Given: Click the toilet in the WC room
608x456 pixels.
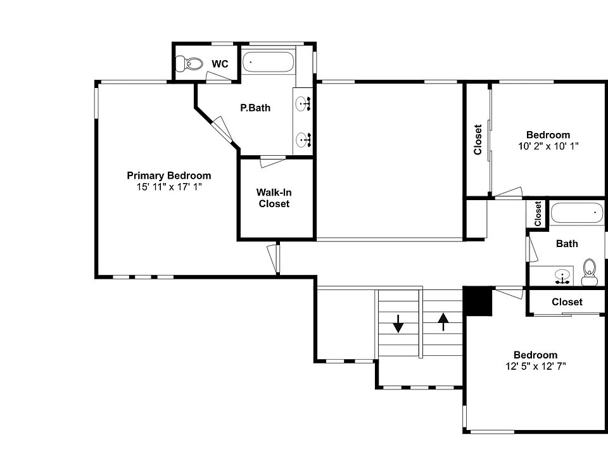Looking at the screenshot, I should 190,63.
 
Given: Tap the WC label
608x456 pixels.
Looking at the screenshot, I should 220,64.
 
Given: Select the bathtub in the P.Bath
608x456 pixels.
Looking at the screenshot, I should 269,62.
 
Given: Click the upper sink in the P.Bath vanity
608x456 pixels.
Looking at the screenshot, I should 303,102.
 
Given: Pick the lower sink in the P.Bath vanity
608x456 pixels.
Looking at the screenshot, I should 303,139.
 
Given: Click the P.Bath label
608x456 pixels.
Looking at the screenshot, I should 255,108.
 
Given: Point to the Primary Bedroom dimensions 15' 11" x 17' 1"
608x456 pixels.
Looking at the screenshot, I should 168,187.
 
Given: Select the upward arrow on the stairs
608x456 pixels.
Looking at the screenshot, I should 443,322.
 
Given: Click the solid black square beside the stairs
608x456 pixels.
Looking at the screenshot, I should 478,301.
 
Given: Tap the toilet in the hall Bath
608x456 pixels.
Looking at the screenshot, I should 590,271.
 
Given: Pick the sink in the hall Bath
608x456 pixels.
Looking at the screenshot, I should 560,275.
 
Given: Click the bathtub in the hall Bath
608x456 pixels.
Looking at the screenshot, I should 577,213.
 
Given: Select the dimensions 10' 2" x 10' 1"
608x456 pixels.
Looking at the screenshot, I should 548,146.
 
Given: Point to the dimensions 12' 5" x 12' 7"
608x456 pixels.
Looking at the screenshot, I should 535,366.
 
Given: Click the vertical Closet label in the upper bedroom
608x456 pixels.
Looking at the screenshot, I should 478,139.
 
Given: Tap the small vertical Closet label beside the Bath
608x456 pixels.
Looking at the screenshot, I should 538,213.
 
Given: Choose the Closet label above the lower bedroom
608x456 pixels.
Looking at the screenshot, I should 567,301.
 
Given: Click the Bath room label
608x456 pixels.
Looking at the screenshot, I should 567,243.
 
